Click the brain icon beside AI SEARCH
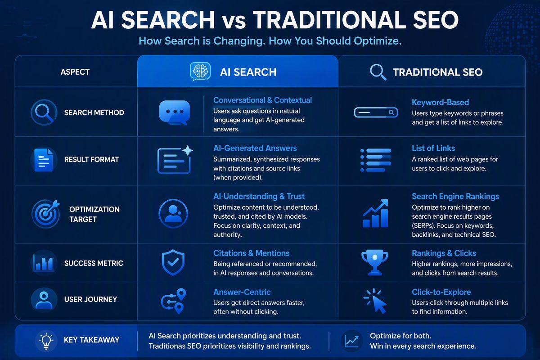[200, 72]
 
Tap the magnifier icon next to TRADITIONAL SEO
[378, 72]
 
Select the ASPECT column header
[75, 72]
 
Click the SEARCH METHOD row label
[94, 112]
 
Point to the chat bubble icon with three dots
[175, 112]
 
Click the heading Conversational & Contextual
[262, 100]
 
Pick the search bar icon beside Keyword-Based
[376, 112]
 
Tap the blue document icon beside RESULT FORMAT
[44, 160]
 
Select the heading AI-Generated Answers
[255, 148]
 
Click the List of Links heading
[433, 148]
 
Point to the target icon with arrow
[46, 214]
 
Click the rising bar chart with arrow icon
[375, 213]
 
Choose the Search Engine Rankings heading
[455, 196]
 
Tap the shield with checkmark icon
[173, 263]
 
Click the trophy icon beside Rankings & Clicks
[374, 262]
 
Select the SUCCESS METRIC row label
[94, 263]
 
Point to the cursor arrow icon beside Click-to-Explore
[375, 301]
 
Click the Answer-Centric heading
[242, 292]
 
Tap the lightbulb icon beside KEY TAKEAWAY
[46, 341]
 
